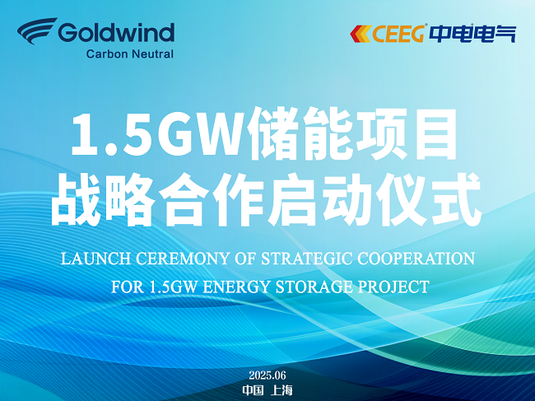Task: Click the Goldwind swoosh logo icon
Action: (x=37, y=30)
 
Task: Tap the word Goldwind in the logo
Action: (x=116, y=32)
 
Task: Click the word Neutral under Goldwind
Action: (x=152, y=54)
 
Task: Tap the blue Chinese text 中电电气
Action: (x=472, y=34)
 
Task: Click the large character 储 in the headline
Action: (x=274, y=133)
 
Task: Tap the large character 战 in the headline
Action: (x=77, y=199)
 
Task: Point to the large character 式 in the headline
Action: (x=456, y=199)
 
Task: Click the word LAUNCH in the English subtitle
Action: (x=95, y=259)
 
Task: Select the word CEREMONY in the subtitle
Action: (x=182, y=259)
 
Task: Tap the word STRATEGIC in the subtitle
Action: (x=307, y=259)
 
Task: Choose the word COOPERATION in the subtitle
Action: (x=416, y=259)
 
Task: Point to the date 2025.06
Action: (x=267, y=375)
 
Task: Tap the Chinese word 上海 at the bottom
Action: (x=281, y=390)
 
